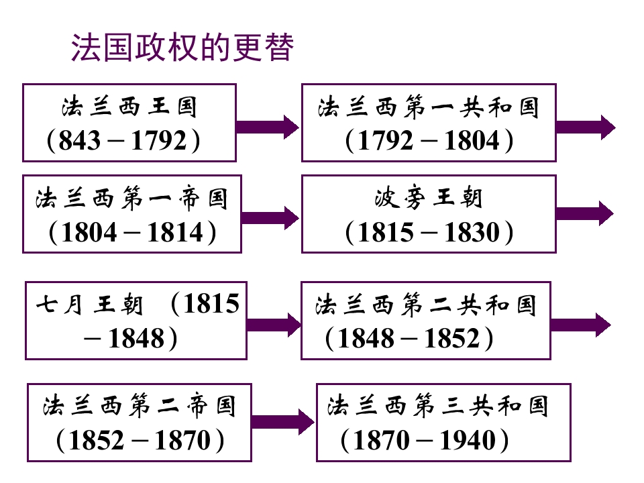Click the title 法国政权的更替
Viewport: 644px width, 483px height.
click(x=182, y=47)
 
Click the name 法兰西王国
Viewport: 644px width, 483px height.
click(x=129, y=107)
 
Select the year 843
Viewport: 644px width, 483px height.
click(x=79, y=140)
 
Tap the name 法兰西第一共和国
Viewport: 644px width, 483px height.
click(x=429, y=107)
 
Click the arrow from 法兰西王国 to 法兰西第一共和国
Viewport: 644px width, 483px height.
click(x=268, y=127)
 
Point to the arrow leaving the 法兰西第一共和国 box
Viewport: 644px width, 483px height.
click(x=586, y=127)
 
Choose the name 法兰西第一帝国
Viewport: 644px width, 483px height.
click(x=131, y=199)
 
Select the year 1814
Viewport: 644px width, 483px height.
click(x=175, y=233)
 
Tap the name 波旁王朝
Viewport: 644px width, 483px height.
click(x=429, y=197)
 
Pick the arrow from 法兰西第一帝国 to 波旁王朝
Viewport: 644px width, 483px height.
click(x=270, y=217)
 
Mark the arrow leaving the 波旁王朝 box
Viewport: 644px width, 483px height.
click(x=585, y=213)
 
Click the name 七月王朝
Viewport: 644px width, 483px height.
click(x=89, y=305)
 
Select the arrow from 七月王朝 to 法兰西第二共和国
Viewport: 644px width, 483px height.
click(x=274, y=325)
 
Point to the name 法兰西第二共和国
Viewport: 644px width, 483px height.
click(x=426, y=305)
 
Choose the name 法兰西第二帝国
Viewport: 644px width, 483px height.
click(x=140, y=407)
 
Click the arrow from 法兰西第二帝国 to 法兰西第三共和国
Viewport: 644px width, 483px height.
click(x=283, y=422)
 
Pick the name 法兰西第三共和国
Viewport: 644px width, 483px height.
click(x=438, y=406)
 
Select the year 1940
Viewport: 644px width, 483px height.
click(x=468, y=440)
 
